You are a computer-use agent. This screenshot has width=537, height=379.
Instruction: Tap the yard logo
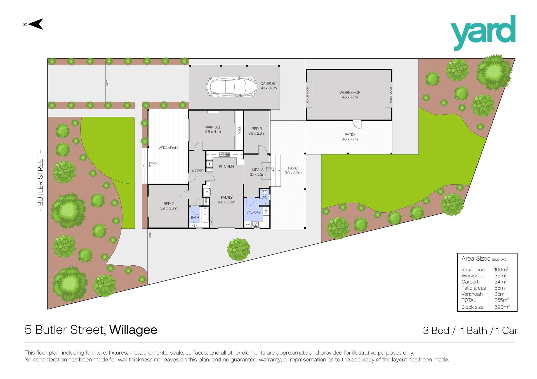click(483, 33)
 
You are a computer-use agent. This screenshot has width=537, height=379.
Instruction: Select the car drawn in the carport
click(231, 86)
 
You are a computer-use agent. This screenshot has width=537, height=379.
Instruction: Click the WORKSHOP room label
click(350, 92)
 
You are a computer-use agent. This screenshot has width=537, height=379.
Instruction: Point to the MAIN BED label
click(213, 127)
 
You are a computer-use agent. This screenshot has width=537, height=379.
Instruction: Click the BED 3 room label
click(257, 129)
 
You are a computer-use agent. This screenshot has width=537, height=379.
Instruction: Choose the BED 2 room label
click(169, 204)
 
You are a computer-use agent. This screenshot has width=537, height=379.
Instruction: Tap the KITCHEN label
click(226, 166)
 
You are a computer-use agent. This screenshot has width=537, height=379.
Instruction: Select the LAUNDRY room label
click(254, 213)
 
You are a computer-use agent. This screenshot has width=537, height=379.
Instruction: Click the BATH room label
click(195, 218)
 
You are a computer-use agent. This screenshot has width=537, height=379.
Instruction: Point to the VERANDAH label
click(168, 148)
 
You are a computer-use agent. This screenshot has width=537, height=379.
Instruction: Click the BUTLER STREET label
click(41, 181)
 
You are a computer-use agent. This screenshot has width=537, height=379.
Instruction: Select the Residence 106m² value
click(501, 270)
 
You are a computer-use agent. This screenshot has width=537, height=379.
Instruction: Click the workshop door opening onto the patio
click(357, 125)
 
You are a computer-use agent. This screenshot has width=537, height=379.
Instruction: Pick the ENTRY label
click(197, 171)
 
